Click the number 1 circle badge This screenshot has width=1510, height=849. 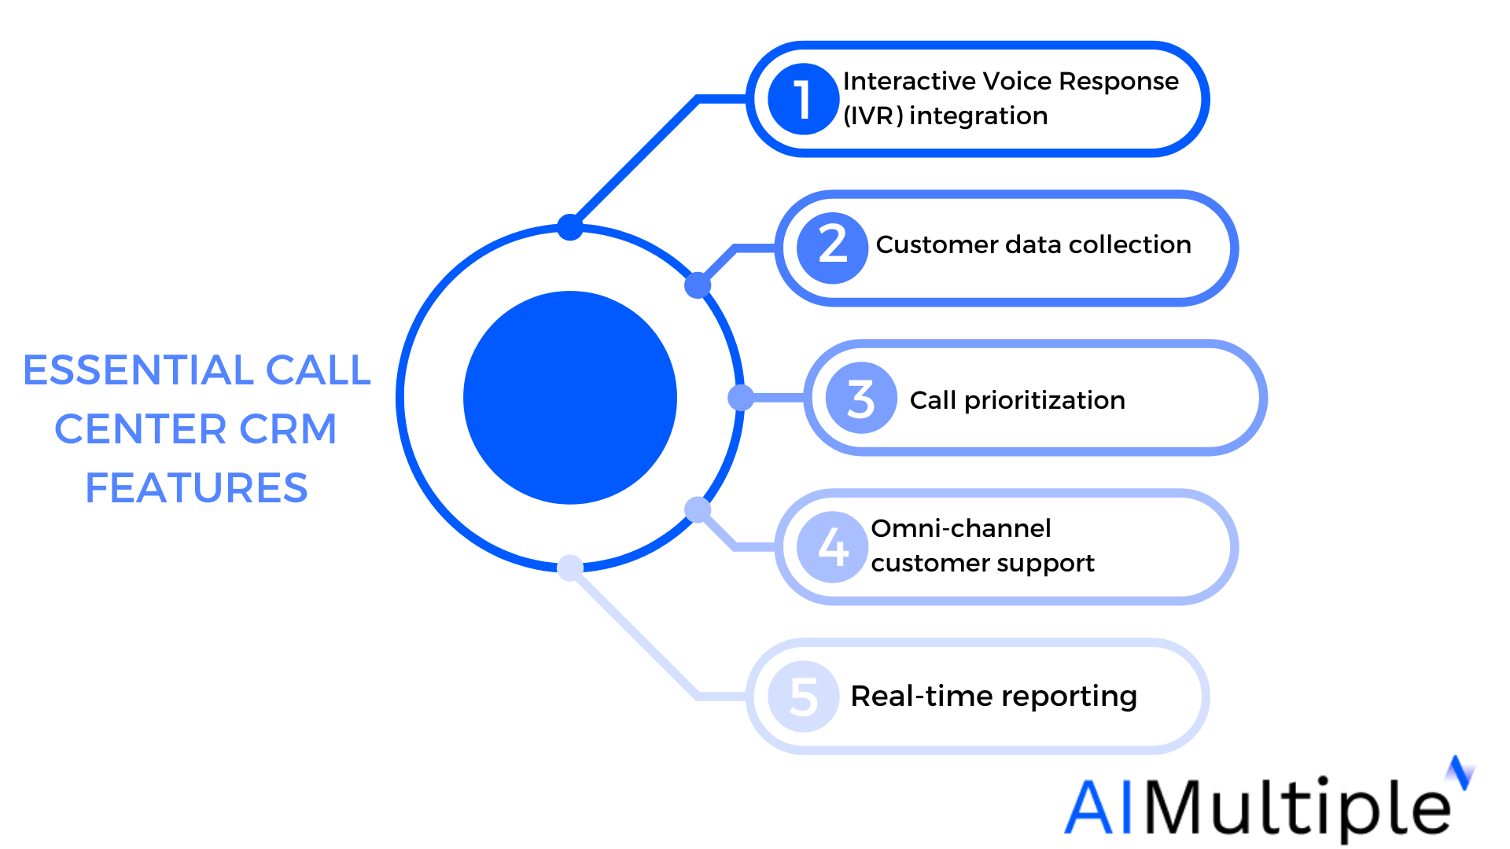(803, 99)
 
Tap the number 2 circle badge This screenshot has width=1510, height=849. (832, 248)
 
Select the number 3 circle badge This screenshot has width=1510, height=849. (861, 398)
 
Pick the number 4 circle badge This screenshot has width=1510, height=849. (832, 547)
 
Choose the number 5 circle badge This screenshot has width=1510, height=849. (803, 696)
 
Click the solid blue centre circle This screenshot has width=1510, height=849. (570, 398)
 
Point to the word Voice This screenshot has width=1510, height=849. (1018, 81)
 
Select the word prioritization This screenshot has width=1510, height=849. (1044, 401)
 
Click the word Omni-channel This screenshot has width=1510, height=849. (961, 528)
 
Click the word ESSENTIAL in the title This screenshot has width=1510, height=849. (138, 370)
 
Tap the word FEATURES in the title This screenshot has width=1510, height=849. (197, 488)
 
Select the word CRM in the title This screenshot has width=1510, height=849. (288, 429)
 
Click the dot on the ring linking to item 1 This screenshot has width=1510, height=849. (570, 227)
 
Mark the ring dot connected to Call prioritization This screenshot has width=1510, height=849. (741, 398)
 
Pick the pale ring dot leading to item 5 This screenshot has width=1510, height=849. (570, 568)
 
